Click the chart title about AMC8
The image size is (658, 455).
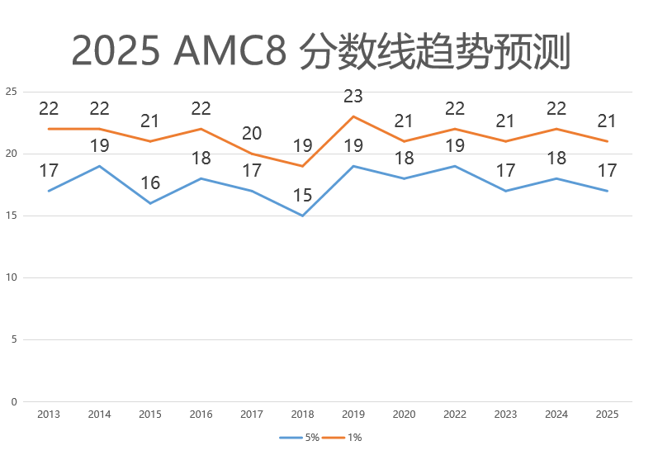tap(320, 51)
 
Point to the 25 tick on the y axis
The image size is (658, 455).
tap(11, 92)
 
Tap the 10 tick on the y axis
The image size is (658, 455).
tap(11, 277)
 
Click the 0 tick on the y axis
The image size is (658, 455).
tap(13, 402)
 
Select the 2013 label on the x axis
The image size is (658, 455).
tap(49, 414)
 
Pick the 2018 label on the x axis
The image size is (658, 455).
tap(302, 414)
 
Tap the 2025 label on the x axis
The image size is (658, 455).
tap(607, 414)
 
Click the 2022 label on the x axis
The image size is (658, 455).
tap(455, 414)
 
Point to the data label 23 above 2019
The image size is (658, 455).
tap(353, 97)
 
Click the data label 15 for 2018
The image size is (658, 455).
tap(302, 196)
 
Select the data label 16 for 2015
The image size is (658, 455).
tap(150, 183)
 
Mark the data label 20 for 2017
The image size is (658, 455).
tap(252, 134)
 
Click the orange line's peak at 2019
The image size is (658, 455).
tap(353, 116)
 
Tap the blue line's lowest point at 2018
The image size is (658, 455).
tap(302, 216)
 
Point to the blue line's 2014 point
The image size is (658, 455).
tap(99, 166)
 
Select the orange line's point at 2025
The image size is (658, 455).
tap(607, 141)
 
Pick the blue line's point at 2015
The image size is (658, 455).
tap(150, 203)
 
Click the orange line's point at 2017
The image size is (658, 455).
tap(252, 154)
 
